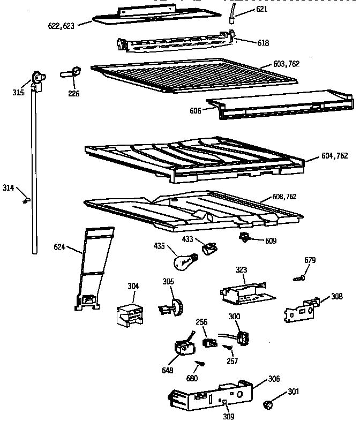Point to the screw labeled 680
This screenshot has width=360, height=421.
[200, 364]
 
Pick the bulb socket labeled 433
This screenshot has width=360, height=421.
[209, 247]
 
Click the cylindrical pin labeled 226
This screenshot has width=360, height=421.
[72, 72]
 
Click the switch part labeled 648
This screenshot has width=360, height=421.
[184, 347]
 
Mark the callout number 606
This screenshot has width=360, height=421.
[196, 111]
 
